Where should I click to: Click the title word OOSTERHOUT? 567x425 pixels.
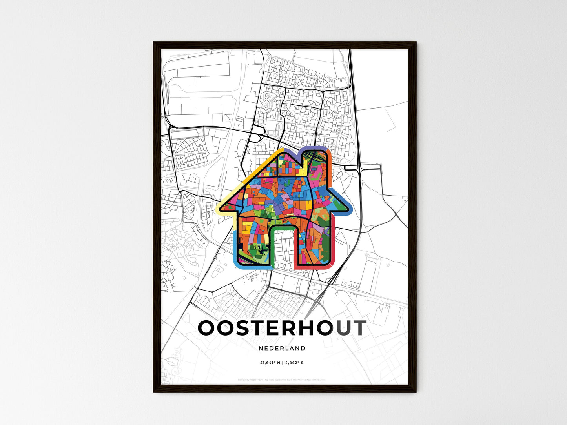click(282, 328)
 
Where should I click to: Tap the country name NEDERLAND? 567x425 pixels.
click(282, 348)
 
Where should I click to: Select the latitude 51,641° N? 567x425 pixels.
click(270, 363)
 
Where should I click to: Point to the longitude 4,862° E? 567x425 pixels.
click(294, 363)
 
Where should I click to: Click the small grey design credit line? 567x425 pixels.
click(282, 380)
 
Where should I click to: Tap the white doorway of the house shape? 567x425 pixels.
click(281, 247)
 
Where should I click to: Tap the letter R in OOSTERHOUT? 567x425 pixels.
click(283, 328)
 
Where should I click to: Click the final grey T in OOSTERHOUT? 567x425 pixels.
click(359, 328)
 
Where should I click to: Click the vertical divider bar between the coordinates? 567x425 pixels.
click(282, 363)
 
